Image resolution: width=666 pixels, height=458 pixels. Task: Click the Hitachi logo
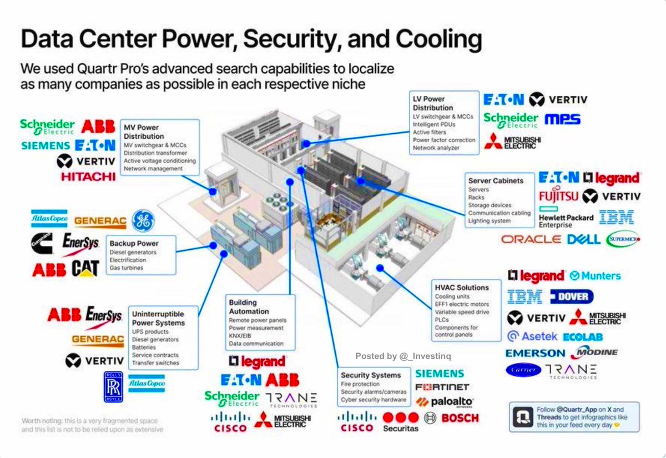[x=88, y=177]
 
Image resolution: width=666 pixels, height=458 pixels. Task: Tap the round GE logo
[x=143, y=221]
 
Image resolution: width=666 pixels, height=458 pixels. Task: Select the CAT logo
[x=85, y=269]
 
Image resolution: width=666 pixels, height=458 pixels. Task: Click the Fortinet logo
[x=442, y=387]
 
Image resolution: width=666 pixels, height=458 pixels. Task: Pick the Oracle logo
[x=531, y=239]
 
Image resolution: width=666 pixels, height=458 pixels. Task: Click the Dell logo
[x=583, y=239]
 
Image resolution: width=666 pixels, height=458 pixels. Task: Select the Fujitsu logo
[x=558, y=196]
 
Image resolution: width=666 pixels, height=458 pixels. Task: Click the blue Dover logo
[x=572, y=296]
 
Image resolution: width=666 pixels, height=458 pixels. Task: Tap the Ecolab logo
[x=582, y=337]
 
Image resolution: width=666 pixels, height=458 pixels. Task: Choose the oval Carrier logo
[x=523, y=370]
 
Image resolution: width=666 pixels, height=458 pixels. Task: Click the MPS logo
[x=562, y=119]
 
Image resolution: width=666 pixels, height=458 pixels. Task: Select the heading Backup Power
[x=134, y=243]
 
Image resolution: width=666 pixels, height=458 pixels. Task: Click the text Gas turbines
[x=127, y=268]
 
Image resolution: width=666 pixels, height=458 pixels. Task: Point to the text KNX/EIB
[x=241, y=336]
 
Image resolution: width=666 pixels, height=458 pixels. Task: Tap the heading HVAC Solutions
[x=462, y=288]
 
